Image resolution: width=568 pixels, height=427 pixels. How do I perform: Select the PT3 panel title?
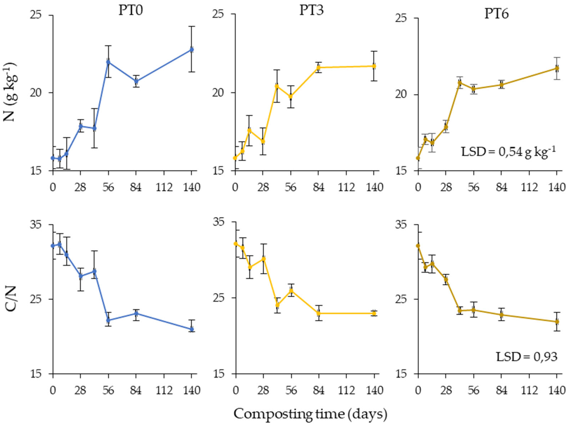311,11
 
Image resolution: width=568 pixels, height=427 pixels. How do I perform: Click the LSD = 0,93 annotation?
526,357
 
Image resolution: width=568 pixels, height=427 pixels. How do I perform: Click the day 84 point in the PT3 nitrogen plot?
319,68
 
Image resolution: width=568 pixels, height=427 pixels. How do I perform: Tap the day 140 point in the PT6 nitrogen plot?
557,68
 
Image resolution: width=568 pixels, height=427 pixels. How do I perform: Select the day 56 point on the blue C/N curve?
108,320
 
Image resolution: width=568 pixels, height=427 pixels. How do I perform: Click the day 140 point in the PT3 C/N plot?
374,314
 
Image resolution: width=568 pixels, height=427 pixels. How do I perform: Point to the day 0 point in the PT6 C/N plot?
418,246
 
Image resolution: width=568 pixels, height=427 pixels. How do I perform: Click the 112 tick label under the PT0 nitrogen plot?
164,188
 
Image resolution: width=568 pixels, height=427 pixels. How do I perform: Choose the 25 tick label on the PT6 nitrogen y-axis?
405,18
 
